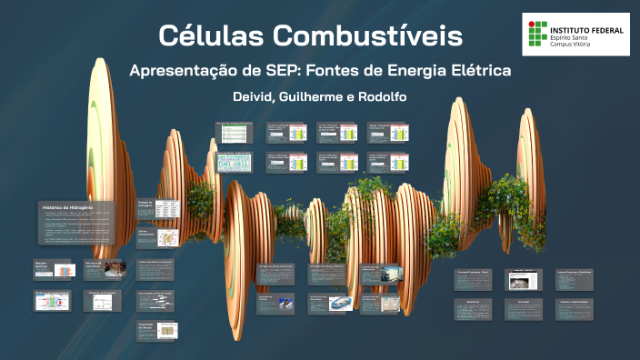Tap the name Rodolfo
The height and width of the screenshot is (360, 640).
pos(381,96)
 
